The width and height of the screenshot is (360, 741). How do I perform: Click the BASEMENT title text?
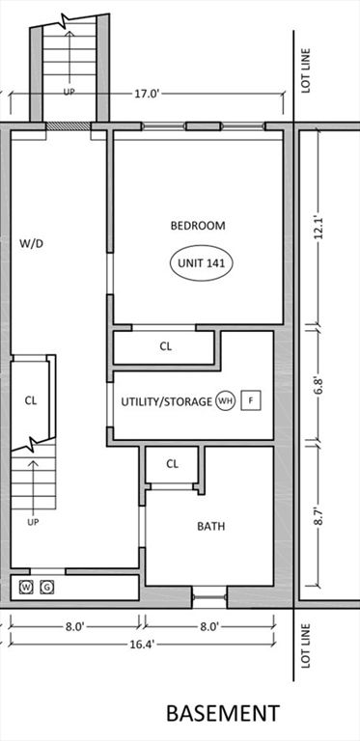223,714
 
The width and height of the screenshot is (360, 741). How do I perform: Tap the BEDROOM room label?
198,226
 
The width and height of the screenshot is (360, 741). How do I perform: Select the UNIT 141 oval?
203,261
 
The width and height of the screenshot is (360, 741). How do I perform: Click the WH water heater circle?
225,400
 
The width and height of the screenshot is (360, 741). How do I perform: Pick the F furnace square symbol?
251,400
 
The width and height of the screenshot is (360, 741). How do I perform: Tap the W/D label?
32,244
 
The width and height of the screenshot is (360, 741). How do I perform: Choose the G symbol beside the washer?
46,587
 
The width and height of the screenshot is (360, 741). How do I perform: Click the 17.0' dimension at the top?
148,95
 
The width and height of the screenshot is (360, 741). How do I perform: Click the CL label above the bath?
173,464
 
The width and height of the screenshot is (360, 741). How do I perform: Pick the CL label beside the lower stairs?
31,400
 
